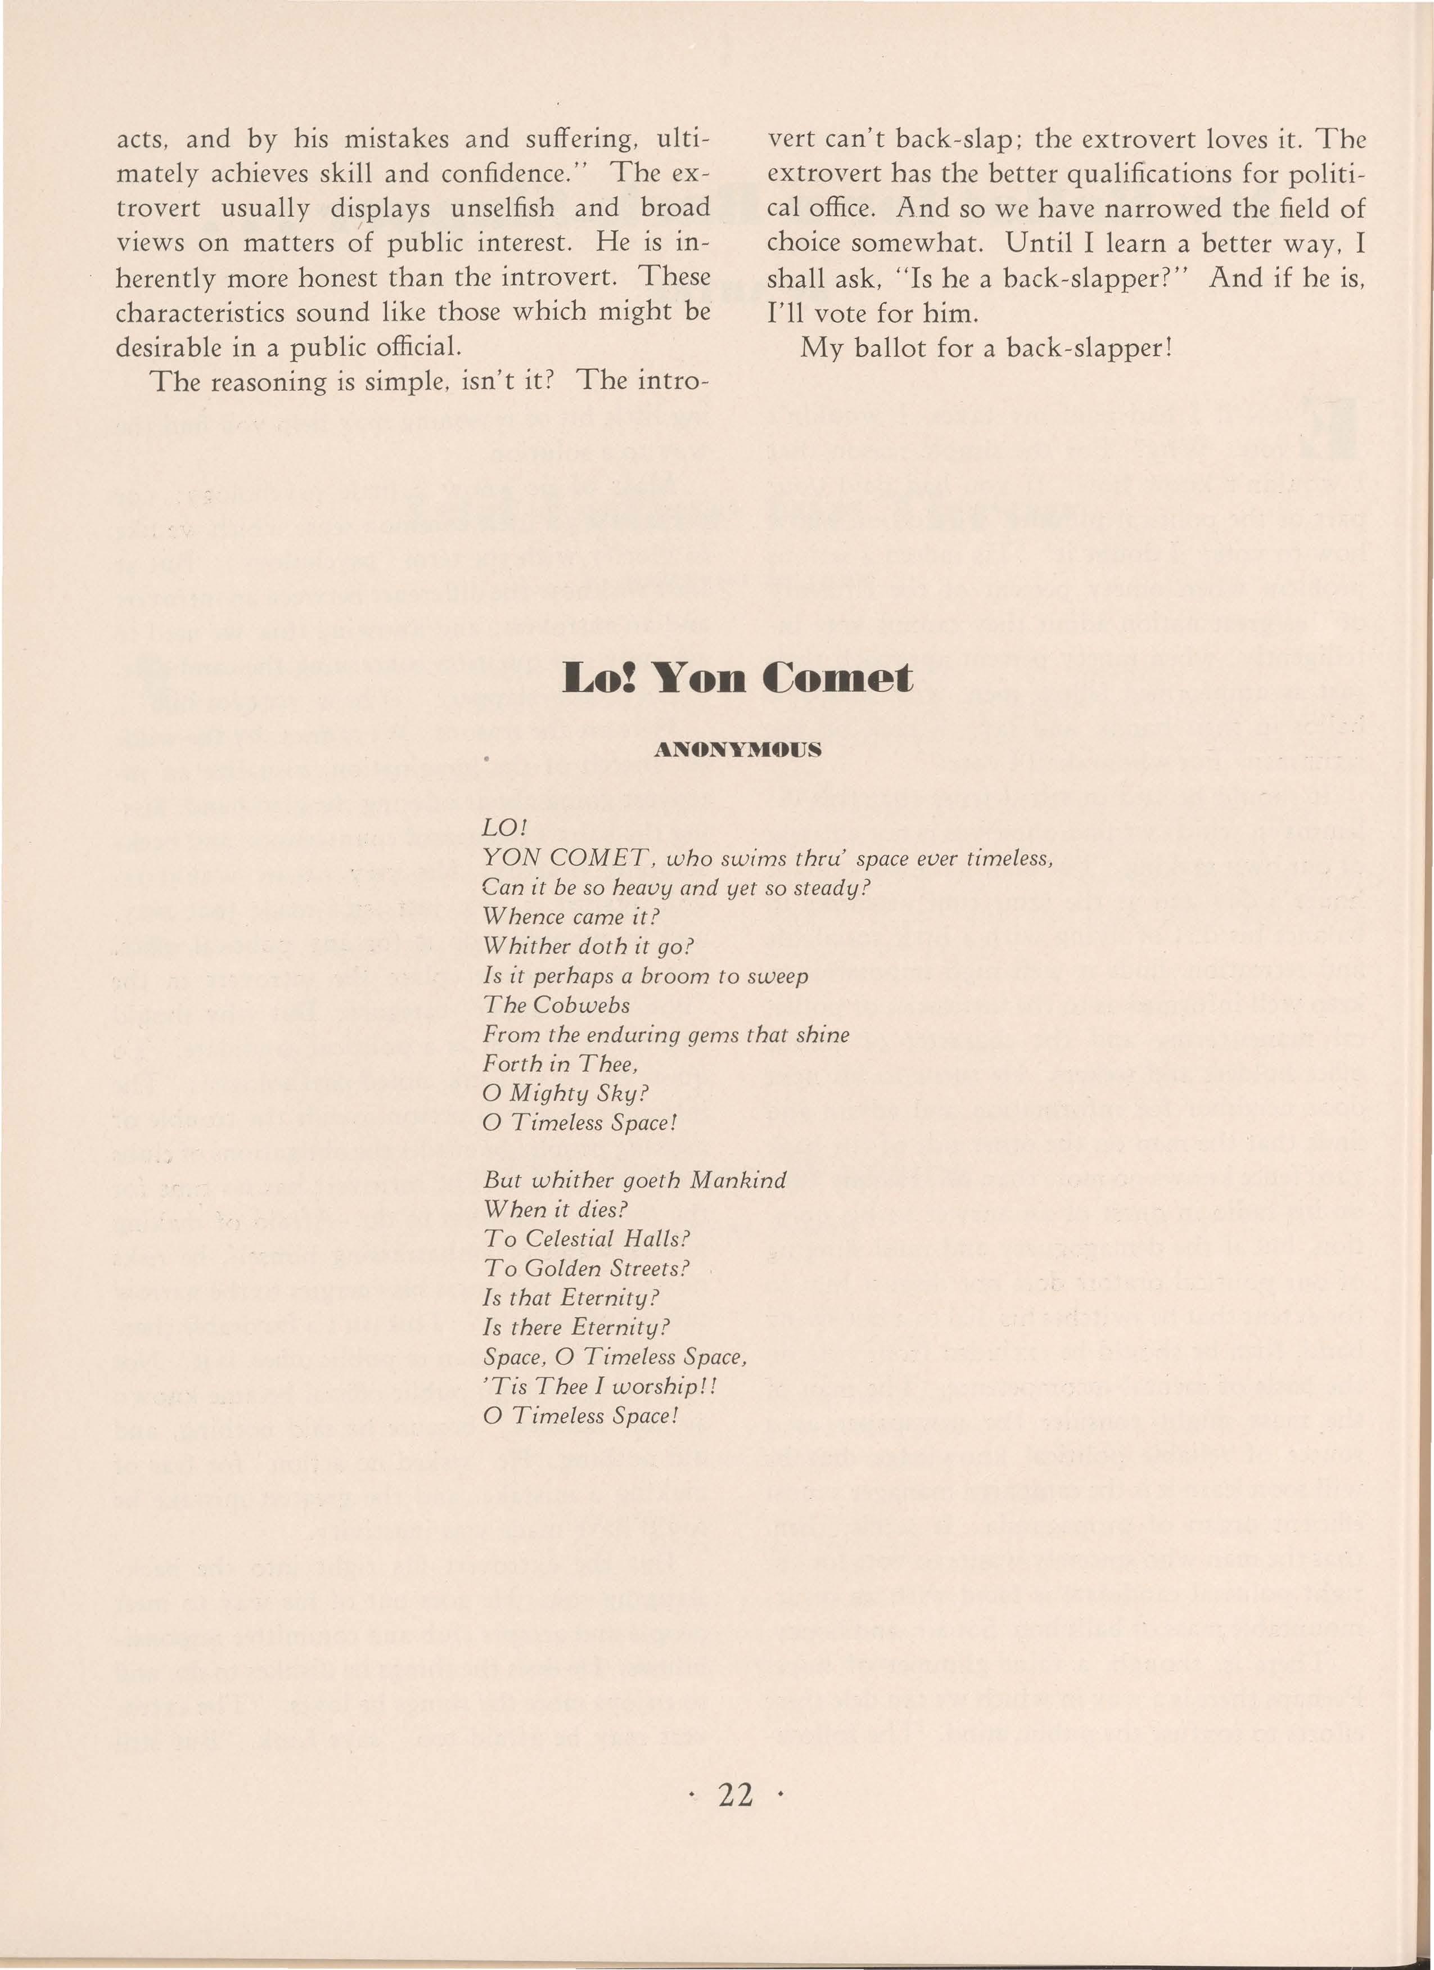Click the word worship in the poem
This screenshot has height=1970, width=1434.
coord(652,1386)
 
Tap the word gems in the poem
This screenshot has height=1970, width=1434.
coord(692,1035)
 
